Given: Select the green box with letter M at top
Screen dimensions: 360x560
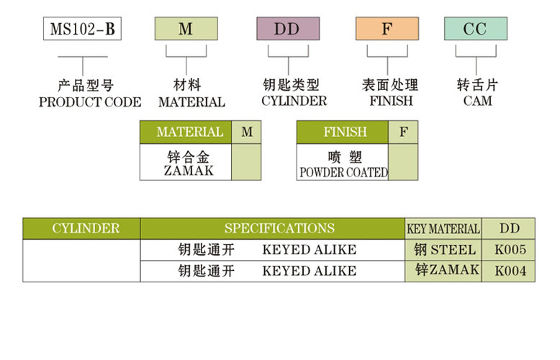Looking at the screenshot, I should click(x=186, y=30).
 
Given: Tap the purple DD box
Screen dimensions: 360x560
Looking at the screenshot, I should click(x=288, y=30).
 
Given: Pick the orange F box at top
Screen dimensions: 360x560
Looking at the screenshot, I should click(x=387, y=30).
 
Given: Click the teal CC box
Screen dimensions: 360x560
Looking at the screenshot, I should click(x=475, y=30).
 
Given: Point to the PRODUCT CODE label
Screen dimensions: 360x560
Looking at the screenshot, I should click(x=90, y=102).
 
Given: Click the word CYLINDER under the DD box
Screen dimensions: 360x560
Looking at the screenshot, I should click(x=294, y=102).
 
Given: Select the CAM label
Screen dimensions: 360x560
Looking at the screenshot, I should click(x=477, y=102).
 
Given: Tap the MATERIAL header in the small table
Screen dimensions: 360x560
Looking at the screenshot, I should click(x=189, y=132).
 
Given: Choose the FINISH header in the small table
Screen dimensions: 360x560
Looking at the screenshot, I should click(x=345, y=132).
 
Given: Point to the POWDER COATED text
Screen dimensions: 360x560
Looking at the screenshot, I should click(x=343, y=173).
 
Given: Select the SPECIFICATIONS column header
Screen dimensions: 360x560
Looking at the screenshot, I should click(x=279, y=229).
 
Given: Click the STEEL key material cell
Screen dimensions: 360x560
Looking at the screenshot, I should click(x=445, y=250).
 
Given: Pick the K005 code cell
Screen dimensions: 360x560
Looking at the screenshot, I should click(x=510, y=251).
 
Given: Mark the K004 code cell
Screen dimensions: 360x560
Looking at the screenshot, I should click(x=510, y=271).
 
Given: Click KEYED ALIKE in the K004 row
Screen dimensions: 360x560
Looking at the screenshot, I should click(x=309, y=271).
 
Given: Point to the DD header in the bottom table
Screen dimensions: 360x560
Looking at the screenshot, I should click(x=510, y=229).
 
